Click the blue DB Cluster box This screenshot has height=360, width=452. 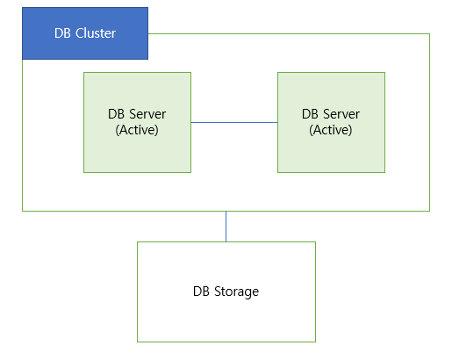coord(85,33)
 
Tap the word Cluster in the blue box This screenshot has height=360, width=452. coord(96,33)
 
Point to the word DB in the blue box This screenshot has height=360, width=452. coord(62,33)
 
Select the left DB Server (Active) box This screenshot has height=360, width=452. coord(137,122)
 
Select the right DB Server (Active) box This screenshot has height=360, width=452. coord(331,122)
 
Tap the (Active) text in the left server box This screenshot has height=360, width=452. coord(137,130)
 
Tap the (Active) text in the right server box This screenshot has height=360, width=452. coord(331,130)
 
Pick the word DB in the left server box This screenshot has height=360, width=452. coord(116,114)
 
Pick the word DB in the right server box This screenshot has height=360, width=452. coord(310,114)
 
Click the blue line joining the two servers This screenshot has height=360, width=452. coord(234,122)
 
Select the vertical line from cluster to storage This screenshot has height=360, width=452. coord(226,227)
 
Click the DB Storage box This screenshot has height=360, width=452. coord(226,292)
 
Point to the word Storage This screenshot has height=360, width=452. coord(236,292)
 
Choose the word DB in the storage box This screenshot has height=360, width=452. coord(201,292)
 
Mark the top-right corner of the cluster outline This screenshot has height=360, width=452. coord(429,34)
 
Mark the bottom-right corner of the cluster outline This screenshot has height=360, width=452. coord(429,211)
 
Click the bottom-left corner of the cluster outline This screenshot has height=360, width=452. coord(23,211)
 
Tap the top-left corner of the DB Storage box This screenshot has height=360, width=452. coord(138,242)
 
